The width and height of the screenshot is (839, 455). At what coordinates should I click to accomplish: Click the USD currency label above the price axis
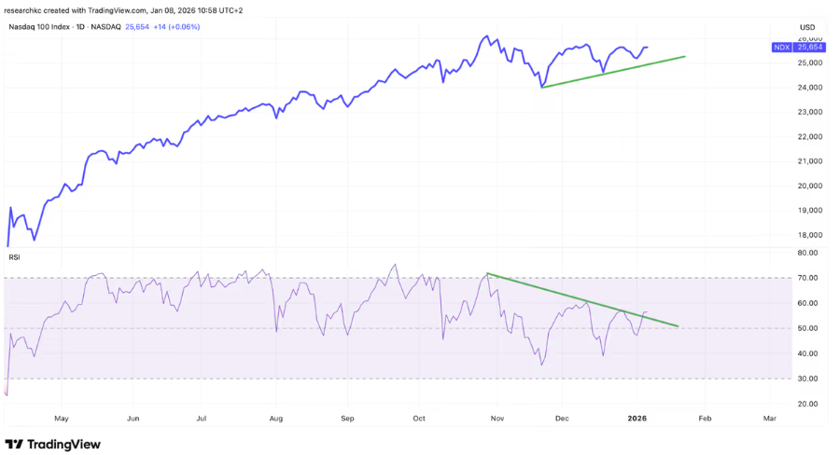tap(807, 26)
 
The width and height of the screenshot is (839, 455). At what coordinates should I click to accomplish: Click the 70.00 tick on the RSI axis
tap(808, 278)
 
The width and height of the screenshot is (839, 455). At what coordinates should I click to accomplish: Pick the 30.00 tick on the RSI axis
tap(808, 379)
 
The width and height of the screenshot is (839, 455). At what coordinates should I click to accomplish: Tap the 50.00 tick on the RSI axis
tap(808, 328)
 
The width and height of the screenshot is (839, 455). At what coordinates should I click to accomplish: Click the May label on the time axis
tap(62, 420)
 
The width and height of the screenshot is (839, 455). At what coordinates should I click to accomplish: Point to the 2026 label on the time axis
tap(636, 420)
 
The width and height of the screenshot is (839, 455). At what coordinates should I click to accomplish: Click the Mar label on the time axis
tap(770, 420)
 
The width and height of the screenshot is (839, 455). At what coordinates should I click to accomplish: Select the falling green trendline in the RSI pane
tap(583, 300)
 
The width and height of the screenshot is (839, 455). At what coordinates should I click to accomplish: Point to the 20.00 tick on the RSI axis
tap(808, 404)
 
